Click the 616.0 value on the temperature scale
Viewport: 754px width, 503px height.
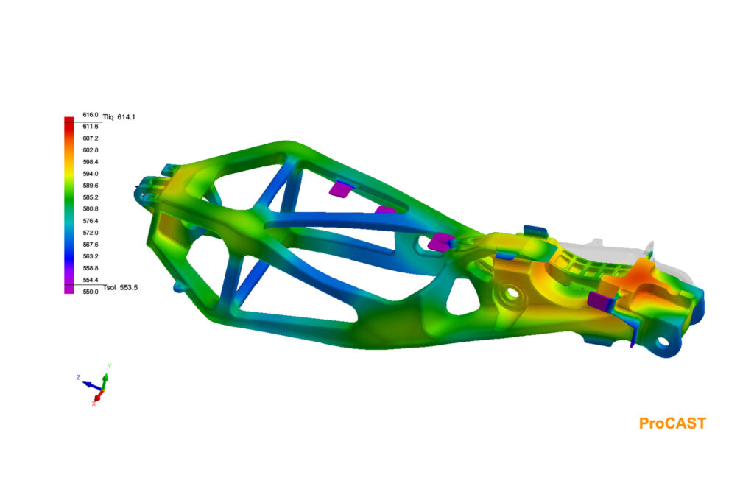(x=91, y=115)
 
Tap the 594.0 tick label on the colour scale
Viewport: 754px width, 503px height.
(x=91, y=174)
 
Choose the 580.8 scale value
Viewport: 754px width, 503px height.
(x=91, y=209)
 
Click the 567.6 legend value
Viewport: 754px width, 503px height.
(x=91, y=245)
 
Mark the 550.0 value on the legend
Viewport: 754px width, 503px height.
(x=91, y=292)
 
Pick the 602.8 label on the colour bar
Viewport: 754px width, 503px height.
(x=91, y=150)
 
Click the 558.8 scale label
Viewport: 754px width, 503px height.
(x=91, y=268)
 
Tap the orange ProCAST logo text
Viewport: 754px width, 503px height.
(x=672, y=423)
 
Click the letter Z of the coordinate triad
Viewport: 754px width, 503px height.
(x=78, y=377)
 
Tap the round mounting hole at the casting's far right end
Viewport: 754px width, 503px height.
(x=663, y=342)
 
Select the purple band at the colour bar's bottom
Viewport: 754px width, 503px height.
(x=68, y=289)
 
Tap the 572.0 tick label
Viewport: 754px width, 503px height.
(x=91, y=233)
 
